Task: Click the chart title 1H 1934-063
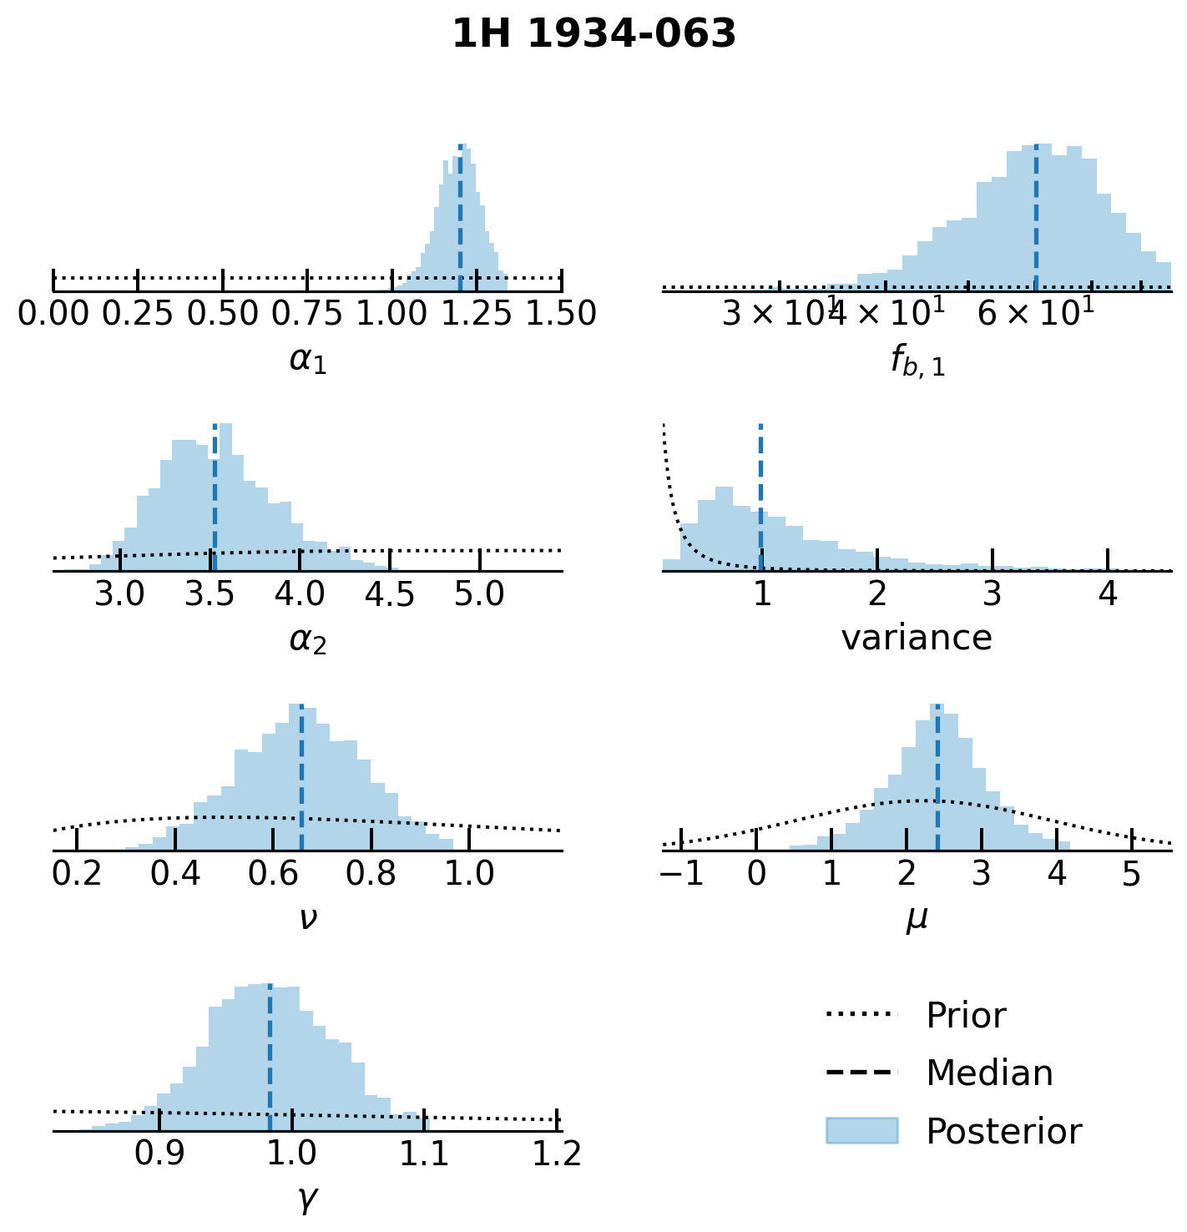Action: click(x=593, y=35)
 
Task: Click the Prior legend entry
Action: click(x=965, y=1016)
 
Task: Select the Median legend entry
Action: click(x=988, y=1073)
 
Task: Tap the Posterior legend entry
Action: click(x=1003, y=1132)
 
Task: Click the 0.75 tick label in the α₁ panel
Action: click(x=308, y=315)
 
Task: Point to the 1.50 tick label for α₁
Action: click(x=561, y=315)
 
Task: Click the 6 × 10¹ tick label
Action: click(x=1035, y=313)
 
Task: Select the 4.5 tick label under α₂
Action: click(x=390, y=594)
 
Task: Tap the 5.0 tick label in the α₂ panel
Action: click(x=480, y=594)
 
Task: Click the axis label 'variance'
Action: click(x=917, y=639)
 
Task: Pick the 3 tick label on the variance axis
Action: click(x=993, y=594)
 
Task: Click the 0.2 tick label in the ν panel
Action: click(x=77, y=874)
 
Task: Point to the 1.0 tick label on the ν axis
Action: click(x=469, y=874)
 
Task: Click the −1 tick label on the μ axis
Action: click(x=680, y=874)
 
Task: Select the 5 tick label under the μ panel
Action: click(x=1131, y=874)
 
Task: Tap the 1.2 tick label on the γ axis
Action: click(x=557, y=1154)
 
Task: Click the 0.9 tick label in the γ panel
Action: click(x=159, y=1154)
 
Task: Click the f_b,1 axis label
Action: click(x=917, y=361)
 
